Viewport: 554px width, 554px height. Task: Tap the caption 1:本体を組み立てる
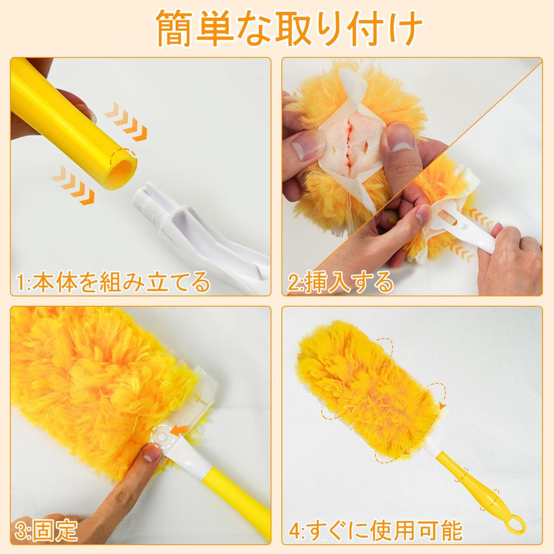[x=113, y=282]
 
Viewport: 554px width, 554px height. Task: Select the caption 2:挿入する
[x=341, y=282]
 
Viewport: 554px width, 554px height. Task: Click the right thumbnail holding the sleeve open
[x=400, y=137]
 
